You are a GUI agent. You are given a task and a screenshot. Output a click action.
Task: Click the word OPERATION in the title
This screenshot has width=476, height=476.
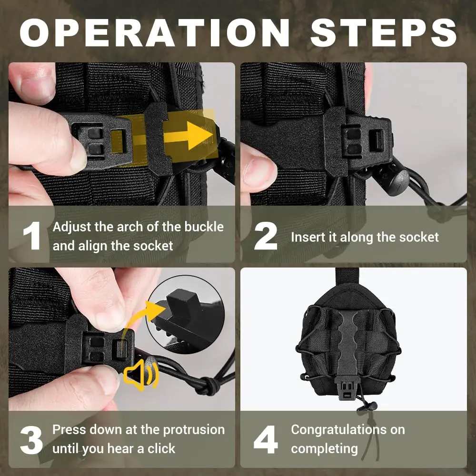(x=154, y=32)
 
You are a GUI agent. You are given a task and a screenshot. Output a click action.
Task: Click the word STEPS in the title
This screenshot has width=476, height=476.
(x=384, y=32)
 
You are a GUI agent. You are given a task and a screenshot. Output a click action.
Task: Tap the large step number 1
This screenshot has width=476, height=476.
(x=32, y=236)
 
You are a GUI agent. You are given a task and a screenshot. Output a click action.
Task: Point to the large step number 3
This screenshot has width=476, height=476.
(x=31, y=439)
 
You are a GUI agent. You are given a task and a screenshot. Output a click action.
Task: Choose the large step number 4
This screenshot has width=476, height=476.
(x=266, y=439)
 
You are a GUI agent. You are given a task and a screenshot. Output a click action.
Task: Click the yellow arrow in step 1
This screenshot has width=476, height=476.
(x=188, y=135)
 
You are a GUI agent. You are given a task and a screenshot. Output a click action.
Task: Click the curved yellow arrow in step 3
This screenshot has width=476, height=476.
(x=143, y=319)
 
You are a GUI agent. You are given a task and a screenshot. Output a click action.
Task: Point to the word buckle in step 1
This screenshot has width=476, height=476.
(x=204, y=227)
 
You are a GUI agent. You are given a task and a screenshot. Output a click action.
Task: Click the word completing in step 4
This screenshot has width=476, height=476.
(x=324, y=449)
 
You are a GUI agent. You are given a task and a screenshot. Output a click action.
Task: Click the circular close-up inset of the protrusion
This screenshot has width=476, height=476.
(x=185, y=315)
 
